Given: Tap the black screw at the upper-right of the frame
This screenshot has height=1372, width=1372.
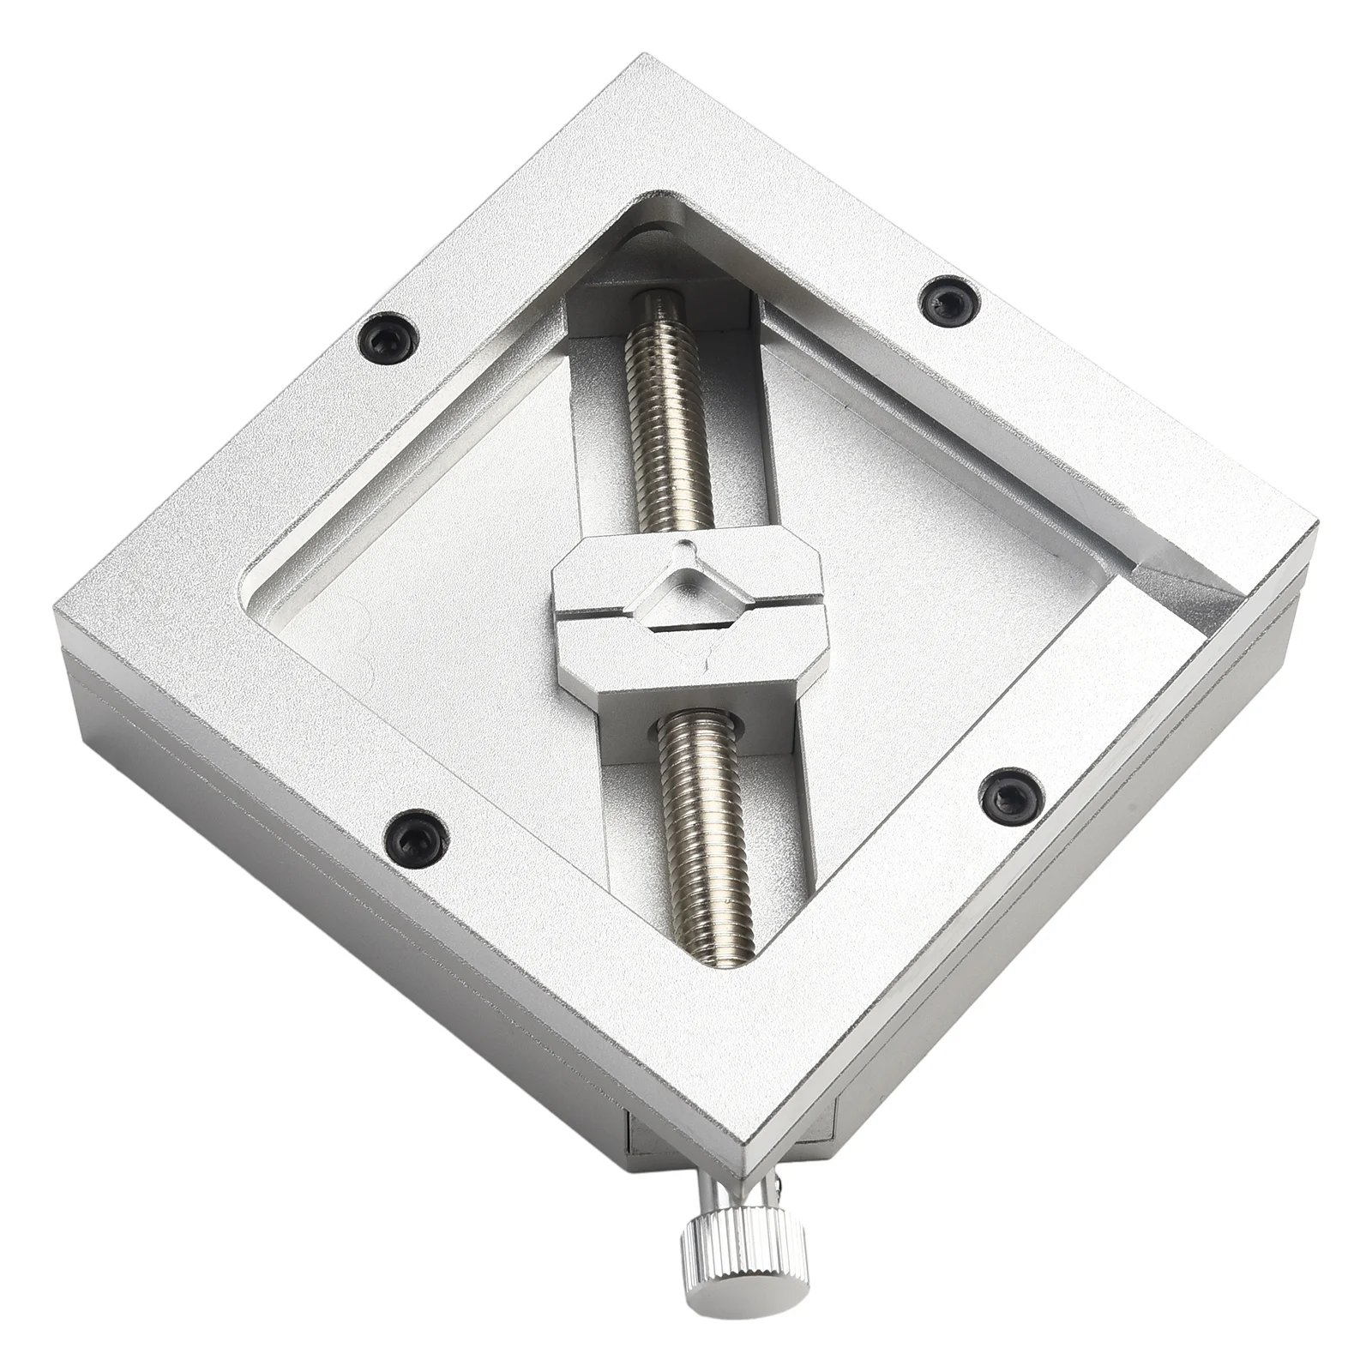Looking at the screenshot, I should coord(944,300).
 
